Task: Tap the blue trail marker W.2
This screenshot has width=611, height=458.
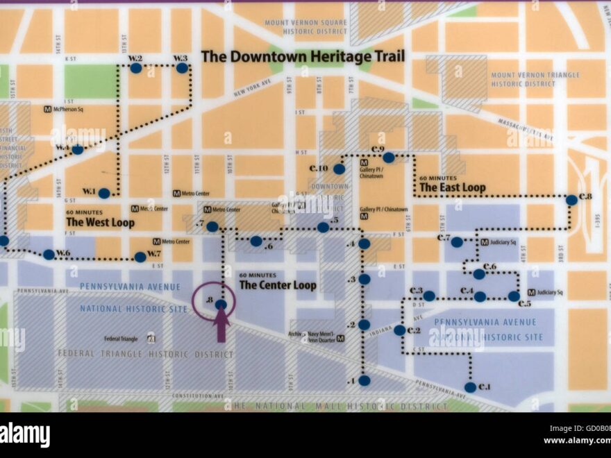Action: point(136,68)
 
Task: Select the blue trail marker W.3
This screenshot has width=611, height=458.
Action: point(182,68)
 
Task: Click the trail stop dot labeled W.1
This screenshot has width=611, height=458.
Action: point(104,194)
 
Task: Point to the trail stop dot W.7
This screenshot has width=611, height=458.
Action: point(140,257)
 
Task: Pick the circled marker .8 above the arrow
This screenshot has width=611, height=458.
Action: point(221,304)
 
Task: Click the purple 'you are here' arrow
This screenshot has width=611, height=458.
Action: point(221,326)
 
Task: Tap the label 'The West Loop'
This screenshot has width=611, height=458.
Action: point(100,223)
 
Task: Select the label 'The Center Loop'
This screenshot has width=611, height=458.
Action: point(278,285)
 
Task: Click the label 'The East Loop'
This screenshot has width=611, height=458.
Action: point(452,187)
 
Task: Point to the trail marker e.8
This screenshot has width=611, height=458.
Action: point(571,200)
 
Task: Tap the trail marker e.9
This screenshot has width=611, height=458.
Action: point(389,158)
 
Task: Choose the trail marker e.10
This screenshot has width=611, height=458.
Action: point(339,169)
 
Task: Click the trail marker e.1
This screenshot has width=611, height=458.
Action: point(471,387)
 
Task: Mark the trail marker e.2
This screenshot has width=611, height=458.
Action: point(399,330)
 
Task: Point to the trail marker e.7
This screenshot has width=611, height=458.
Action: point(457,242)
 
